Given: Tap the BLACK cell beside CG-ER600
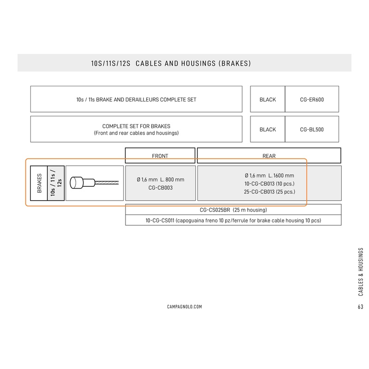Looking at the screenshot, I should click(268, 100).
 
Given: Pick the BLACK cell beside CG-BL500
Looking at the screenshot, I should click(268, 130).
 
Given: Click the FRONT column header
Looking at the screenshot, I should click(160, 156).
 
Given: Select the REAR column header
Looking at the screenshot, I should click(269, 156).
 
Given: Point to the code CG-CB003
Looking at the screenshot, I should click(161, 188).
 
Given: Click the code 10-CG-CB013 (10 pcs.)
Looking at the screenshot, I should click(269, 184).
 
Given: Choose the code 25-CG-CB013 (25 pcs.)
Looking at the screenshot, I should click(269, 191).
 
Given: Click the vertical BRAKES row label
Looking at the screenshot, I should click(39, 183).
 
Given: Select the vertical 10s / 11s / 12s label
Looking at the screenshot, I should click(56, 183).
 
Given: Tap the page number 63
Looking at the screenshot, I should click(360, 307).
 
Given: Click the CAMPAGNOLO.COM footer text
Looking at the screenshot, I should click(184, 307).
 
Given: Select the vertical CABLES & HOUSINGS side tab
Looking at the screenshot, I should click(360, 272).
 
